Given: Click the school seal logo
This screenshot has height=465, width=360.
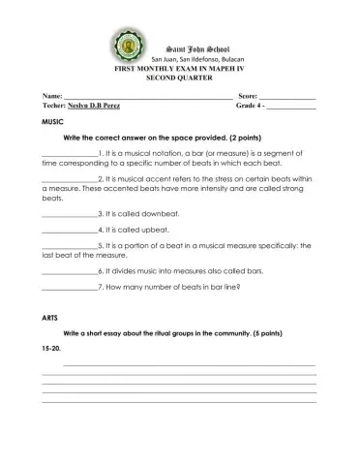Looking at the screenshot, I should [129, 50].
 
